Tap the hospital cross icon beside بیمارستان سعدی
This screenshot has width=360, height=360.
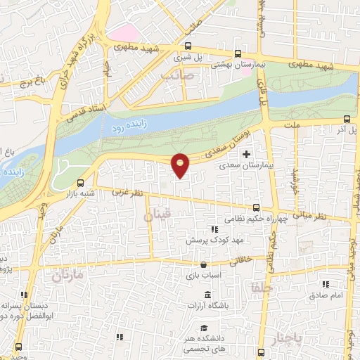pos(245,154)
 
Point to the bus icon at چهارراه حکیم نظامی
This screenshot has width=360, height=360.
pos(256,207)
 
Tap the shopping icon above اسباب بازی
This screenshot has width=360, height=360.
pos(203,264)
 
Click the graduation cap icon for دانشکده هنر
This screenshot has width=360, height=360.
pos(203,328)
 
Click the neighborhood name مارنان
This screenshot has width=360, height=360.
pos(67,275)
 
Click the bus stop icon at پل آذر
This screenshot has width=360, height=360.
pos(345,120)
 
